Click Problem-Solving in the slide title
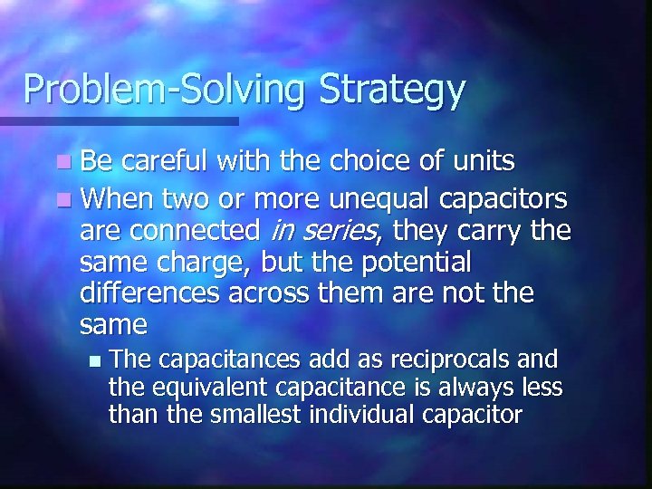(x=165, y=90)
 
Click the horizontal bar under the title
(x=118, y=120)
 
